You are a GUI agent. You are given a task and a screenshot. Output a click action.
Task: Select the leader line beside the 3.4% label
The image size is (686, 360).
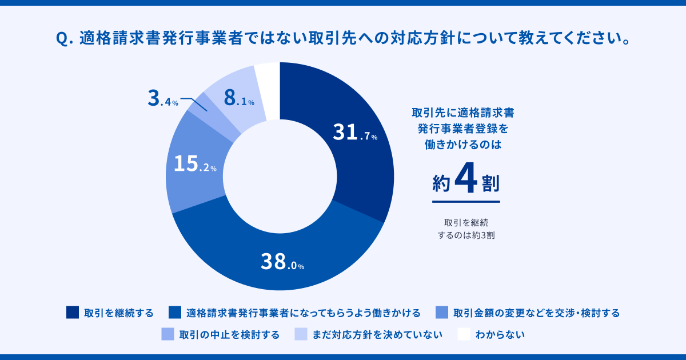coord(194,103)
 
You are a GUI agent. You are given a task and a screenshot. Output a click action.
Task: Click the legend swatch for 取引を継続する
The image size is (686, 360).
coord(73,313)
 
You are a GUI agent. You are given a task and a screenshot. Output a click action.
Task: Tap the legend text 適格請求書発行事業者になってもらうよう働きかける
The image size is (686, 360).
coord(303,313)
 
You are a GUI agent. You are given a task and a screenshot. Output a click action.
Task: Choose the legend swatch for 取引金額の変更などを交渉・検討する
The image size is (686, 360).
coord(441,313)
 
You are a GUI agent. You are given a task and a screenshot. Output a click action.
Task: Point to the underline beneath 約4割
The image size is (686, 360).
coord(466,201)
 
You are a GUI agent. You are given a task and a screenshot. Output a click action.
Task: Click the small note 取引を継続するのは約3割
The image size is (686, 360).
coord(466,228)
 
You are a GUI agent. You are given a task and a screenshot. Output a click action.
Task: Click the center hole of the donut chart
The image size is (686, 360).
coord(280,177)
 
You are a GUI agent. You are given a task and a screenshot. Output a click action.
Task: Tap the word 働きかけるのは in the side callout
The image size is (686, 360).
coord(466,145)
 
